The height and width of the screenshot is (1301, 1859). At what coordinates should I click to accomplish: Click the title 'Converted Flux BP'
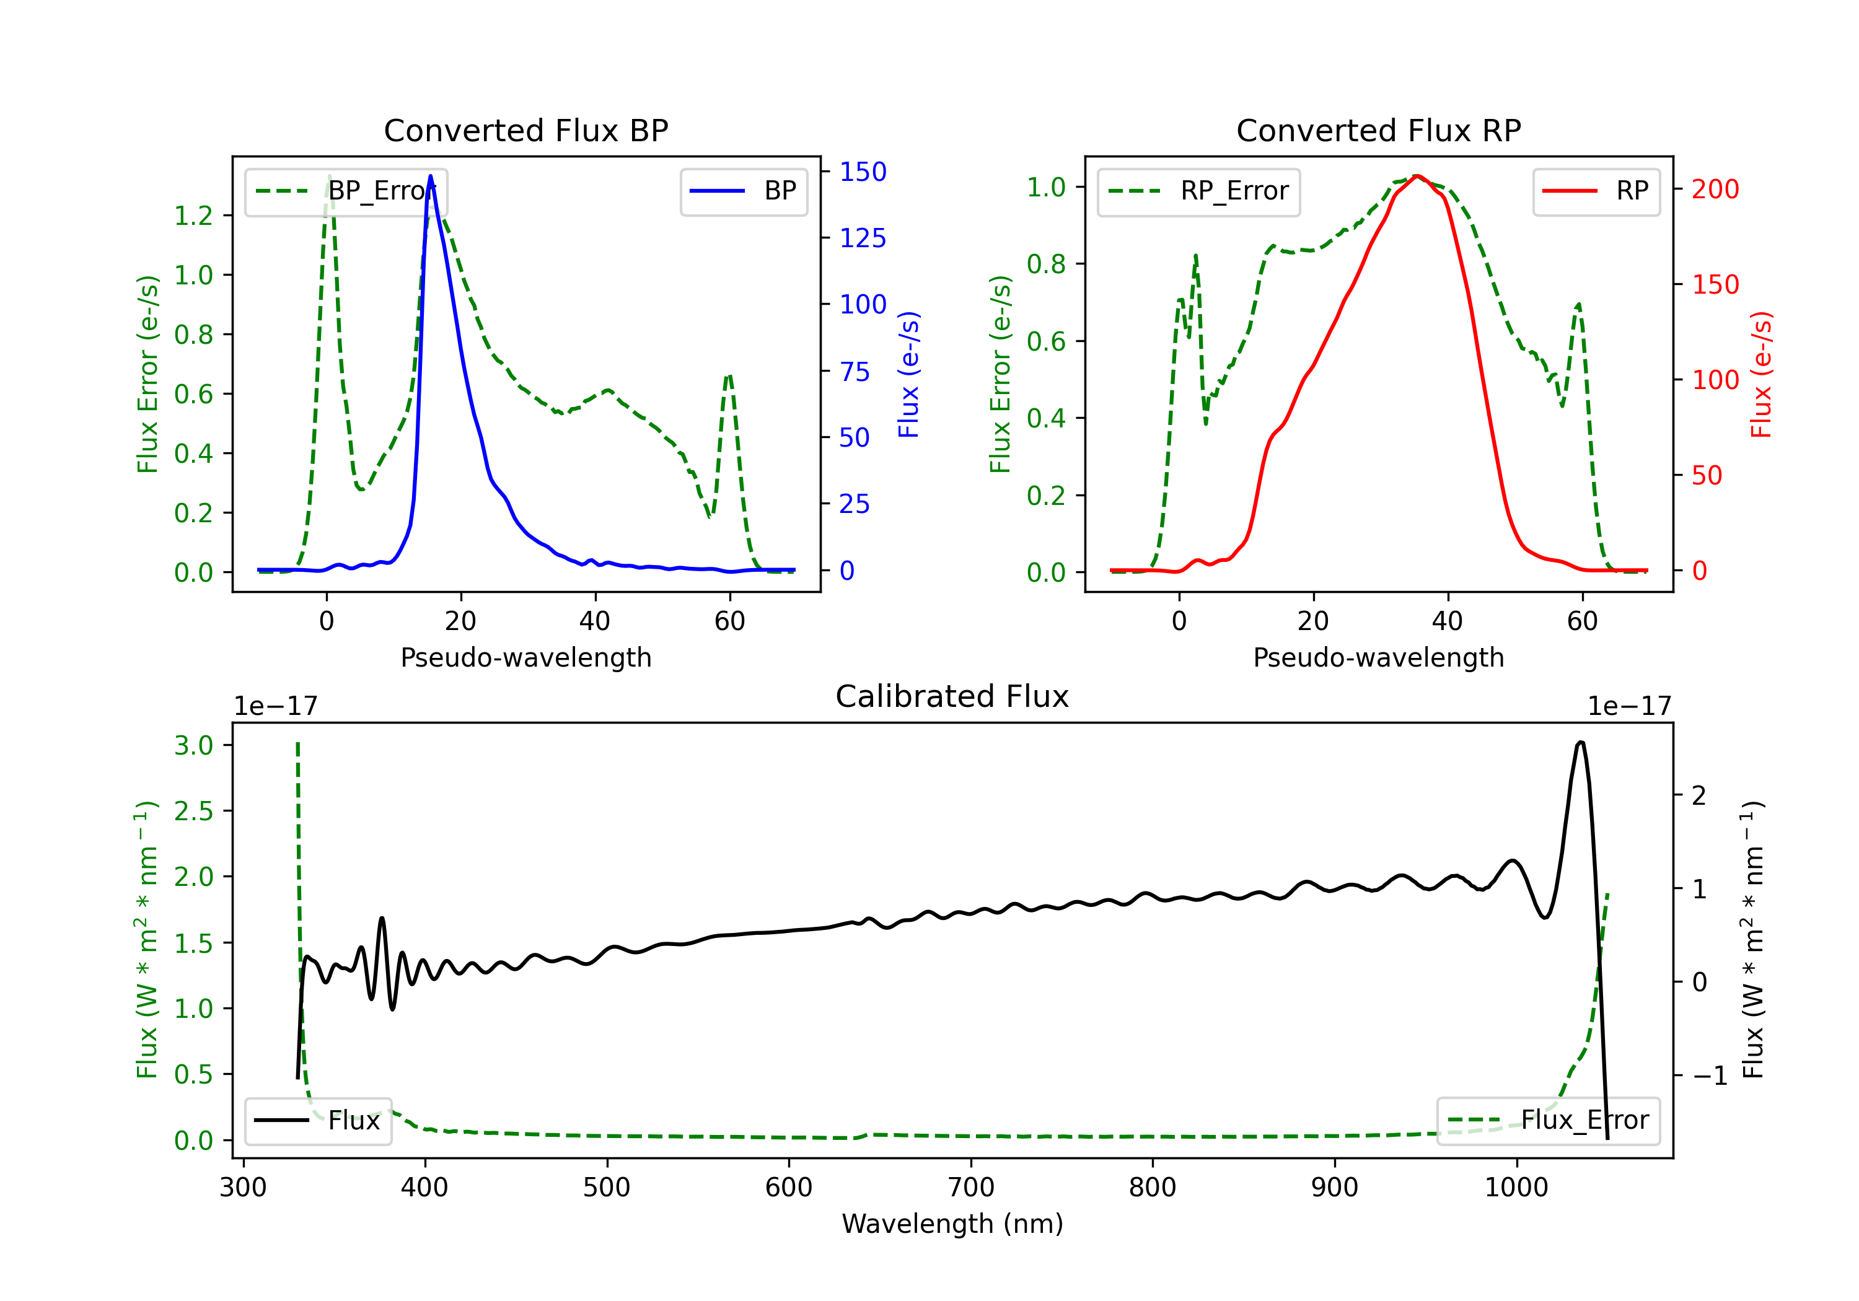(x=525, y=130)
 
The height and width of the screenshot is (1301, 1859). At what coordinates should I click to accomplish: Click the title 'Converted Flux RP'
(x=1378, y=130)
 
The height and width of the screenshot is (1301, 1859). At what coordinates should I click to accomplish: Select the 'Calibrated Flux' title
(x=952, y=696)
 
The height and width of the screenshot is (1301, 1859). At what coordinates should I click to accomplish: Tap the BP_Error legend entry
(x=346, y=191)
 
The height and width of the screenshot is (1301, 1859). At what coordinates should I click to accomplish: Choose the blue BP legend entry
(x=743, y=191)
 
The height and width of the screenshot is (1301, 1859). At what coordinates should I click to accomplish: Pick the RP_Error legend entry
(x=1198, y=191)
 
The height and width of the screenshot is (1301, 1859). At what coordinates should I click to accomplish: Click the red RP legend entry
(x=1596, y=191)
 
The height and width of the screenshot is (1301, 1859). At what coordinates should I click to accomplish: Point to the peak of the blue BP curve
(x=430, y=176)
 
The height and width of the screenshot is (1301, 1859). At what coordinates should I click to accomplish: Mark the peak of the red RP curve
(x=1416, y=176)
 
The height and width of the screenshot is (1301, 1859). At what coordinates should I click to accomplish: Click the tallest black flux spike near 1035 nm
(x=1581, y=742)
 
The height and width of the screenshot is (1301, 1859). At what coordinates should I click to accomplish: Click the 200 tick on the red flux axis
(x=1715, y=190)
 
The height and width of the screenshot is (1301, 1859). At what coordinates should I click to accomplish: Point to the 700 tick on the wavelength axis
(x=971, y=1187)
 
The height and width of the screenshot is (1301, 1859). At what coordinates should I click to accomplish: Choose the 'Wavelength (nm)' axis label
(x=952, y=1224)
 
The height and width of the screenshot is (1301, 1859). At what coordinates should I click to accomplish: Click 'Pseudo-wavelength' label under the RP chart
(x=1378, y=657)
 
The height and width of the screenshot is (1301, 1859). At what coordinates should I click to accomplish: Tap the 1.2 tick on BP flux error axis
(x=193, y=216)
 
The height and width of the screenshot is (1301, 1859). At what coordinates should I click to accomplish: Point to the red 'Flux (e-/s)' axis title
(x=1762, y=375)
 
